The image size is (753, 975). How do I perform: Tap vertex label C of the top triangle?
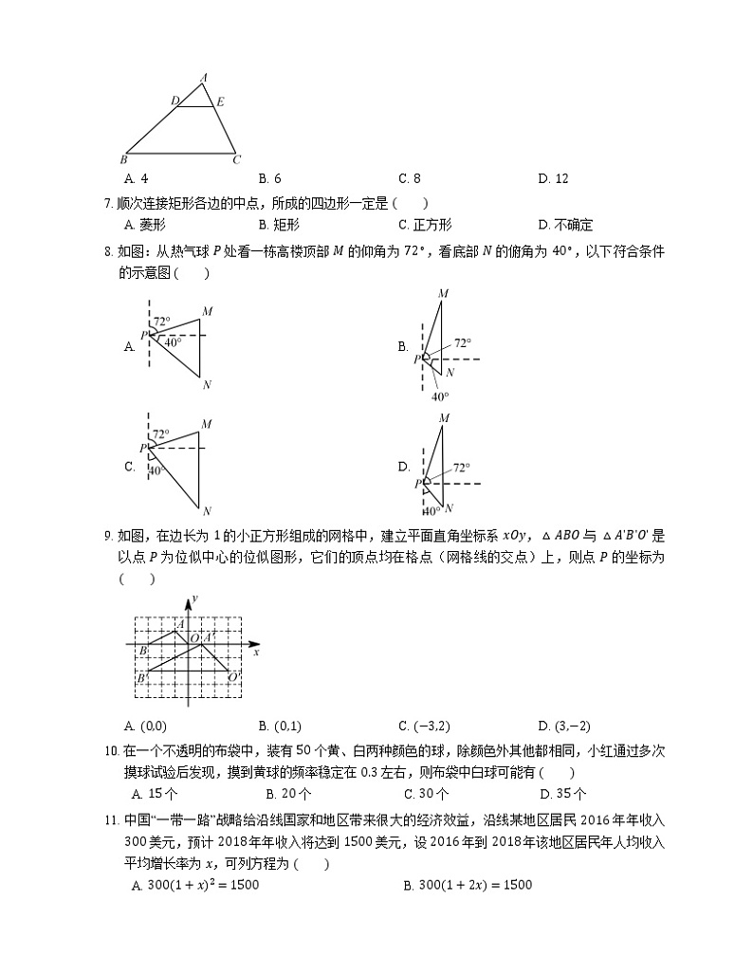tap(237, 158)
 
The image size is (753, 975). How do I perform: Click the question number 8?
tap(108, 251)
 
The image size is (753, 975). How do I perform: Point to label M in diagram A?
tap(207, 310)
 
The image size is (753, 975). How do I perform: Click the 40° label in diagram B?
tap(440, 396)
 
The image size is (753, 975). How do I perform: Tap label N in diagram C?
tap(207, 509)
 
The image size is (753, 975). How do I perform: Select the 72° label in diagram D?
tap(462, 468)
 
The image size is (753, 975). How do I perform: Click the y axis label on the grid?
tap(193, 598)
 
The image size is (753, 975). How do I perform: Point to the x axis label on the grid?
tap(257, 653)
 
